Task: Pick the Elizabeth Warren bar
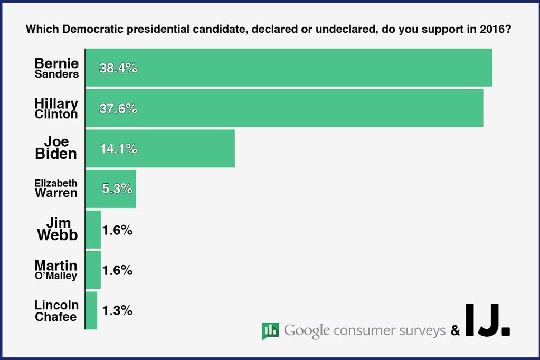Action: pyautogui.click(x=111, y=188)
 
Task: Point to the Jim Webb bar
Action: pyautogui.click(x=93, y=230)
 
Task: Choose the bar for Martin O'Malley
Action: pyautogui.click(x=93, y=270)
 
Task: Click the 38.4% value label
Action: pyautogui.click(x=118, y=68)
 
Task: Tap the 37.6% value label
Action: pyautogui.click(x=118, y=109)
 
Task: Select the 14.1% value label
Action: pyautogui.click(x=118, y=149)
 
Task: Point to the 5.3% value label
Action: pyautogui.click(x=117, y=189)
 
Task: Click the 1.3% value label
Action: pyautogui.click(x=117, y=311)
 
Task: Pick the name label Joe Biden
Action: pyautogui.click(x=56, y=148)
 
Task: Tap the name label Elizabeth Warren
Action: pyautogui.click(x=56, y=188)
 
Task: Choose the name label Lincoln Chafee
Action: pyautogui.click(x=56, y=311)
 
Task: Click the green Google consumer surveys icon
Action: pyautogui.click(x=270, y=331)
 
